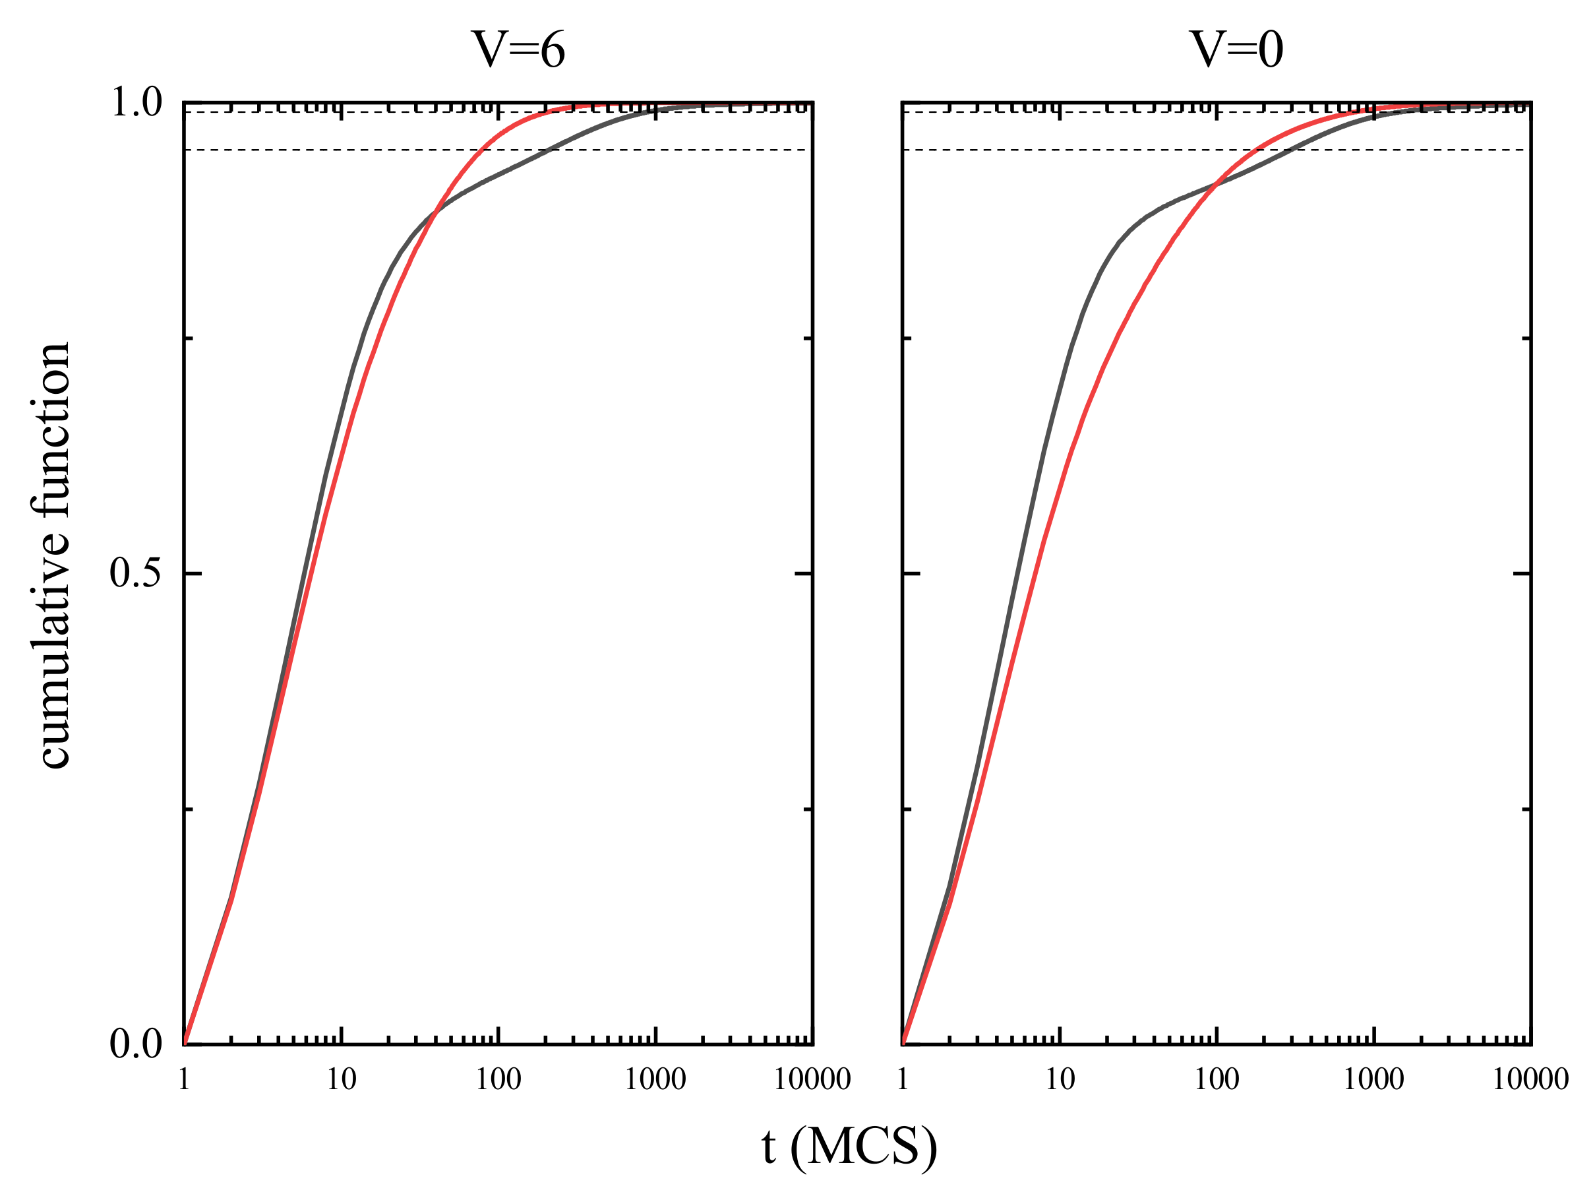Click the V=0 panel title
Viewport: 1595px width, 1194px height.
(1236, 49)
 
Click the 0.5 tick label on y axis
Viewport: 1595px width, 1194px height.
(136, 573)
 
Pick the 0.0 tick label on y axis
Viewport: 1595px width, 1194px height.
(136, 1044)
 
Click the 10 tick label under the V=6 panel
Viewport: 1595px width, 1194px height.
(341, 1079)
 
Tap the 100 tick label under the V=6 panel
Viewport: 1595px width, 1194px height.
(498, 1079)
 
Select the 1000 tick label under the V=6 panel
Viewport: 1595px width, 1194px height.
(655, 1079)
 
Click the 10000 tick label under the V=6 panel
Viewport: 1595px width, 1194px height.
(812, 1079)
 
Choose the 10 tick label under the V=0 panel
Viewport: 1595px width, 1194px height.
(1059, 1079)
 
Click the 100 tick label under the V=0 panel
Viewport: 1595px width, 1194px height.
(1217, 1079)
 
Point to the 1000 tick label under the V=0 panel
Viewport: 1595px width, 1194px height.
(1373, 1079)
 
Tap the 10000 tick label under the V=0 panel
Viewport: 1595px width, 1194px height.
(1530, 1079)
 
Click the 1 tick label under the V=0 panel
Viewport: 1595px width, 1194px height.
(902, 1079)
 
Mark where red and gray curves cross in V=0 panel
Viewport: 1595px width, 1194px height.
(1217, 185)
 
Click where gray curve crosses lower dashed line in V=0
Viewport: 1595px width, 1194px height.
(1291, 150)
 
